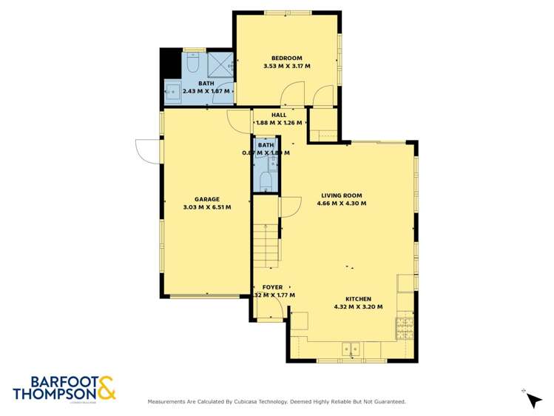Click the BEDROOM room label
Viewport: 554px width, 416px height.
[x=286, y=58]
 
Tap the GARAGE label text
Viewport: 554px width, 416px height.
[x=206, y=199]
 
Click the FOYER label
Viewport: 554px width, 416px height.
[x=273, y=287]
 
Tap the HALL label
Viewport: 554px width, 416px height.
[x=278, y=115]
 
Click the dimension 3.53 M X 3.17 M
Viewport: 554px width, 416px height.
[x=286, y=67]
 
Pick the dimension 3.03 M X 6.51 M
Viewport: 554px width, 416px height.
[x=206, y=207]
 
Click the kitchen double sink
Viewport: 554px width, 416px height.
[x=351, y=348]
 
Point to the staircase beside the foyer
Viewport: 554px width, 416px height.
[x=266, y=244]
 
